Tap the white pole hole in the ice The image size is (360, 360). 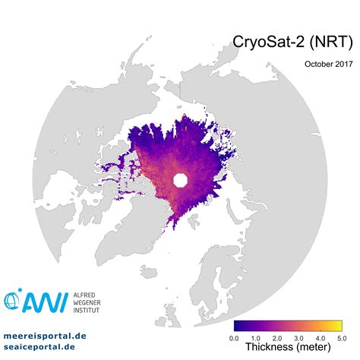pos(181,180)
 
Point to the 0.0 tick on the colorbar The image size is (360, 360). pos(234,337)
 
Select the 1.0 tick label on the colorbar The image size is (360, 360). pos(255,337)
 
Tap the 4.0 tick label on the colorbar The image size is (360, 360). pos(320,337)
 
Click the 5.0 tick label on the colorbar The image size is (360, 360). pos(341,337)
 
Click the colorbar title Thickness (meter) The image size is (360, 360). pos(287,348)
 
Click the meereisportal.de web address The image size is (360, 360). pos(45,335)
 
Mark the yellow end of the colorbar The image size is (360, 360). pos(338,326)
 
